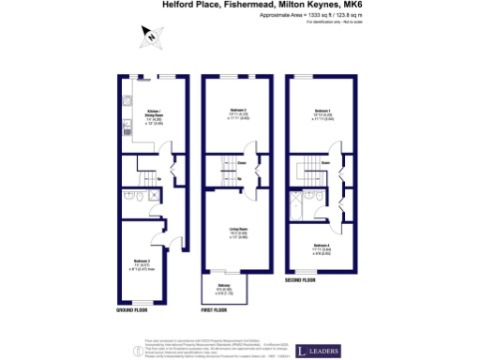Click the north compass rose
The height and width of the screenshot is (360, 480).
(151, 37)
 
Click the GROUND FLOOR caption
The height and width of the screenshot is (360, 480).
(133, 307)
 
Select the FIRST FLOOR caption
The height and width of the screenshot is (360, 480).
(217, 307)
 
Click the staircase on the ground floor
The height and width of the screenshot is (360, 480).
(149, 177)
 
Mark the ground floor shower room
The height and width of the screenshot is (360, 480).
(132, 199)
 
